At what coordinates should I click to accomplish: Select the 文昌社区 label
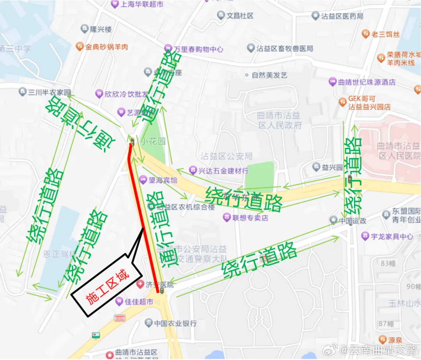point(240,16)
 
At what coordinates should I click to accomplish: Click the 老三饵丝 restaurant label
point(385,34)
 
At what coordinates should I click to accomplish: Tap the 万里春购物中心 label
point(198,49)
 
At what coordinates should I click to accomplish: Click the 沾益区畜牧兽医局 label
point(285,48)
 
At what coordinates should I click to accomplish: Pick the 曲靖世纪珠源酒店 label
point(366,82)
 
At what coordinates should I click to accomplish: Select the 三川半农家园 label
point(50,92)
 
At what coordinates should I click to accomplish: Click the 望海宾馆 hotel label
point(163,180)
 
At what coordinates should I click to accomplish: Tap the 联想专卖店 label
point(250,218)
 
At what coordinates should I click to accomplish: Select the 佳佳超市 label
point(139,301)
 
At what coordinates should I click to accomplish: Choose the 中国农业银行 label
point(175,323)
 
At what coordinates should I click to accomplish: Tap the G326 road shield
point(119,318)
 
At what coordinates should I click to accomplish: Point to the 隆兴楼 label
point(101,29)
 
